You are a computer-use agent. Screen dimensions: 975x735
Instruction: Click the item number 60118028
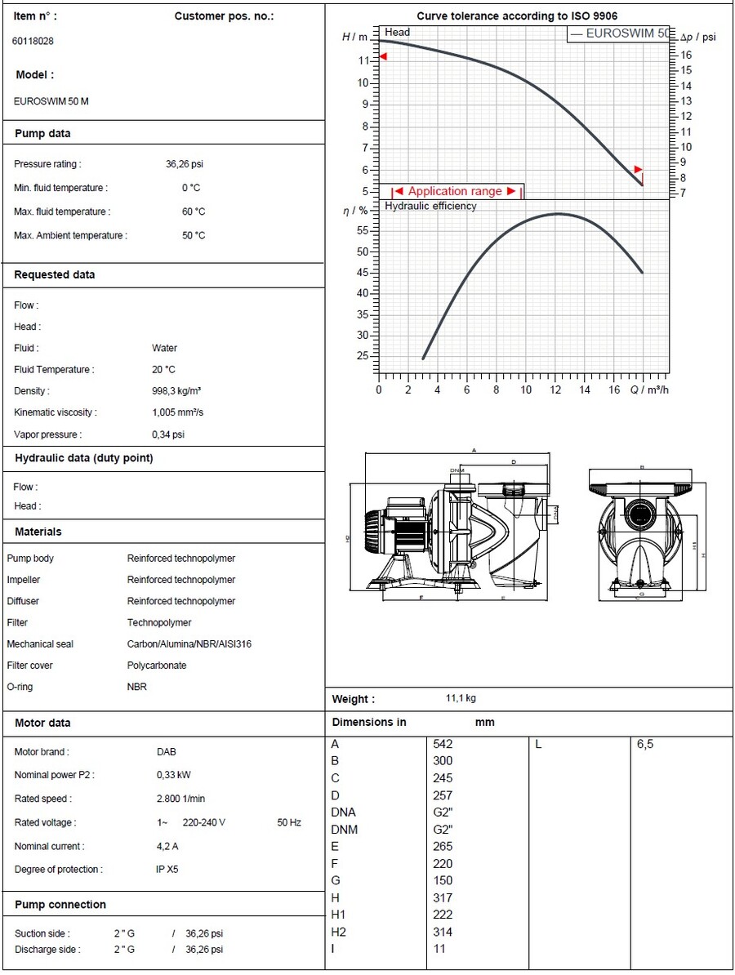[33, 41]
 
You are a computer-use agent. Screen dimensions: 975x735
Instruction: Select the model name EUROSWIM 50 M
[51, 102]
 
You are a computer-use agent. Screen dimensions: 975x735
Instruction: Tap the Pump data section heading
[42, 134]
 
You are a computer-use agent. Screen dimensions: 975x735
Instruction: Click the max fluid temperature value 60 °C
[194, 212]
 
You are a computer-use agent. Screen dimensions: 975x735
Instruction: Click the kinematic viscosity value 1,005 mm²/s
[177, 412]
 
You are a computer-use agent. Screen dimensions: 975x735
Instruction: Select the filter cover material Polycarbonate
[156, 666]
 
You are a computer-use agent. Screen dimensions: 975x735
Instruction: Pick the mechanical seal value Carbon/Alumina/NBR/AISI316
[189, 644]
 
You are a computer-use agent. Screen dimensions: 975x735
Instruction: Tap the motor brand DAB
[166, 752]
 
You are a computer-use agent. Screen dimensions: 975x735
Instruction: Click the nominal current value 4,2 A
[167, 847]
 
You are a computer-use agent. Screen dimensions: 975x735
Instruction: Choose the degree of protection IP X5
[167, 870]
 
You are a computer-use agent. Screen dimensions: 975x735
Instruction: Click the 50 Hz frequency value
[289, 823]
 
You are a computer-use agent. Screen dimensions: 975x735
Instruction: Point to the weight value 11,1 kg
[461, 699]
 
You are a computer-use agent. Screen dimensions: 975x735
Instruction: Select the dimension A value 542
[442, 744]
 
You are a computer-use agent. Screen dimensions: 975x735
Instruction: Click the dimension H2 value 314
[442, 932]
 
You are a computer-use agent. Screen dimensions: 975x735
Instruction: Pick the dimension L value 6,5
[645, 744]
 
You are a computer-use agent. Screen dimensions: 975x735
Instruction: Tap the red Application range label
[455, 191]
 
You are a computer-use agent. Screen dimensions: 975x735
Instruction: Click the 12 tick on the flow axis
[555, 390]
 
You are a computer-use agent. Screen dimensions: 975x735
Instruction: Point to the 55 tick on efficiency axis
[363, 231]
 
